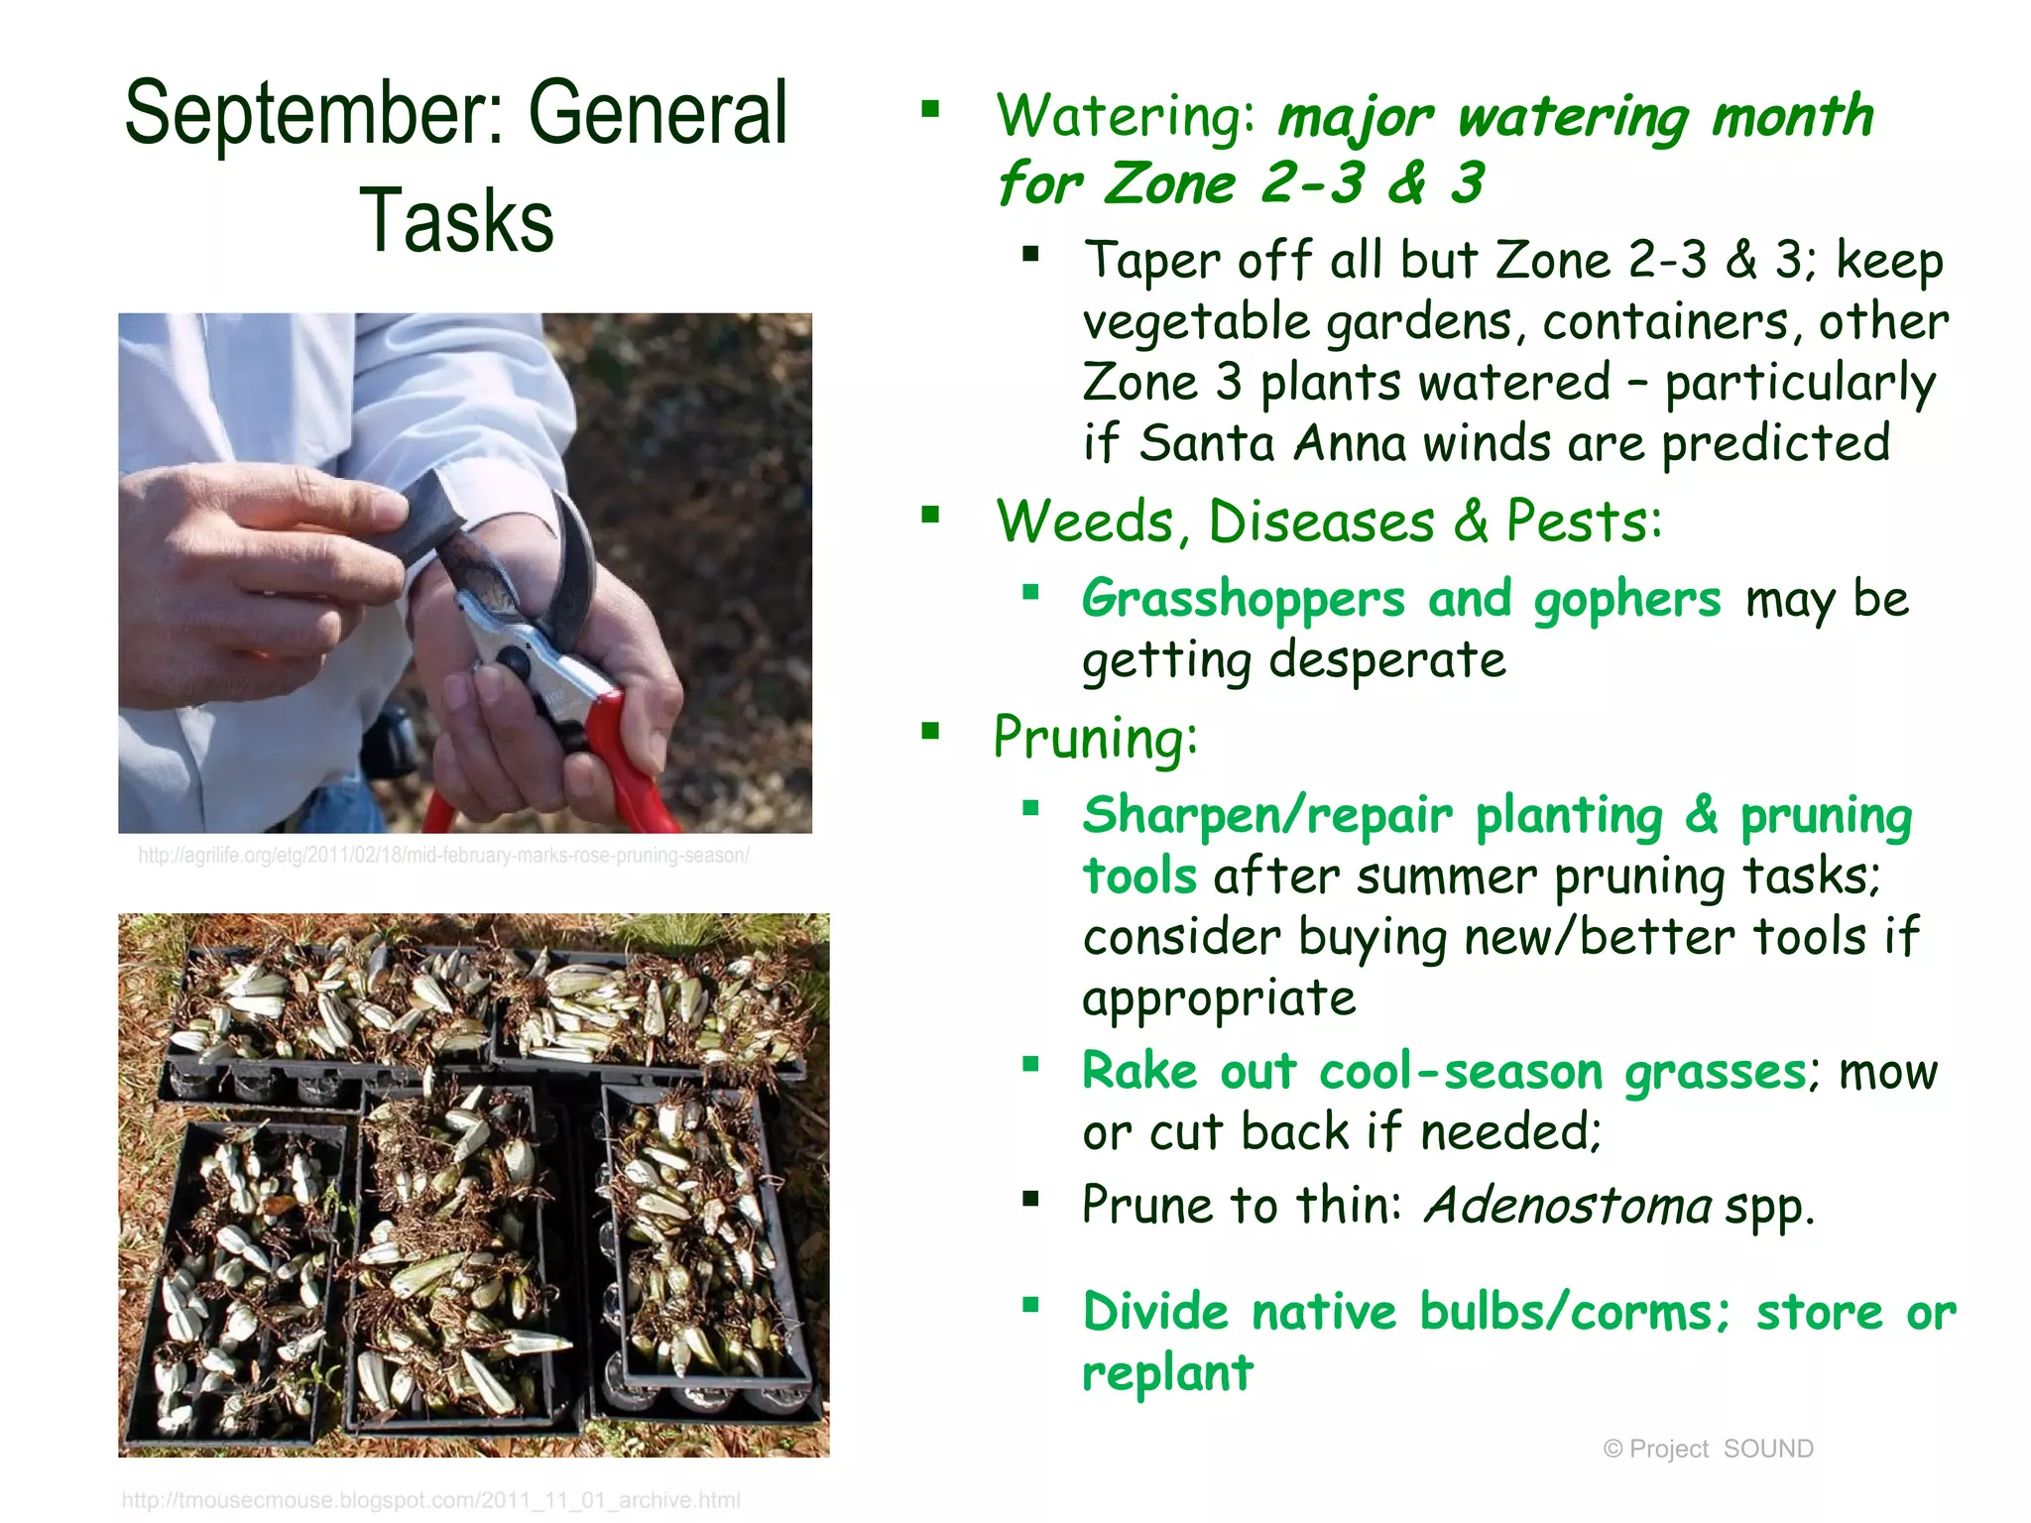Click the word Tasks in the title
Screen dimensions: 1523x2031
coord(455,221)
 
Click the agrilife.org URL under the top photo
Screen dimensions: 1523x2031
coord(443,856)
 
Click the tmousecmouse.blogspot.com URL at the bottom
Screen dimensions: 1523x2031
coord(430,1500)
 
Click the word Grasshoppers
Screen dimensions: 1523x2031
coord(1244,599)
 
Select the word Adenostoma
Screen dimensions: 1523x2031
coord(1567,1206)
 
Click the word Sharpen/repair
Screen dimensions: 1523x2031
coord(1267,815)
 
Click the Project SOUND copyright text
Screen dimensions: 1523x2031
coord(1708,1449)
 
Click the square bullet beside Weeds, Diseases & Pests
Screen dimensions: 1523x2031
coord(930,514)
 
